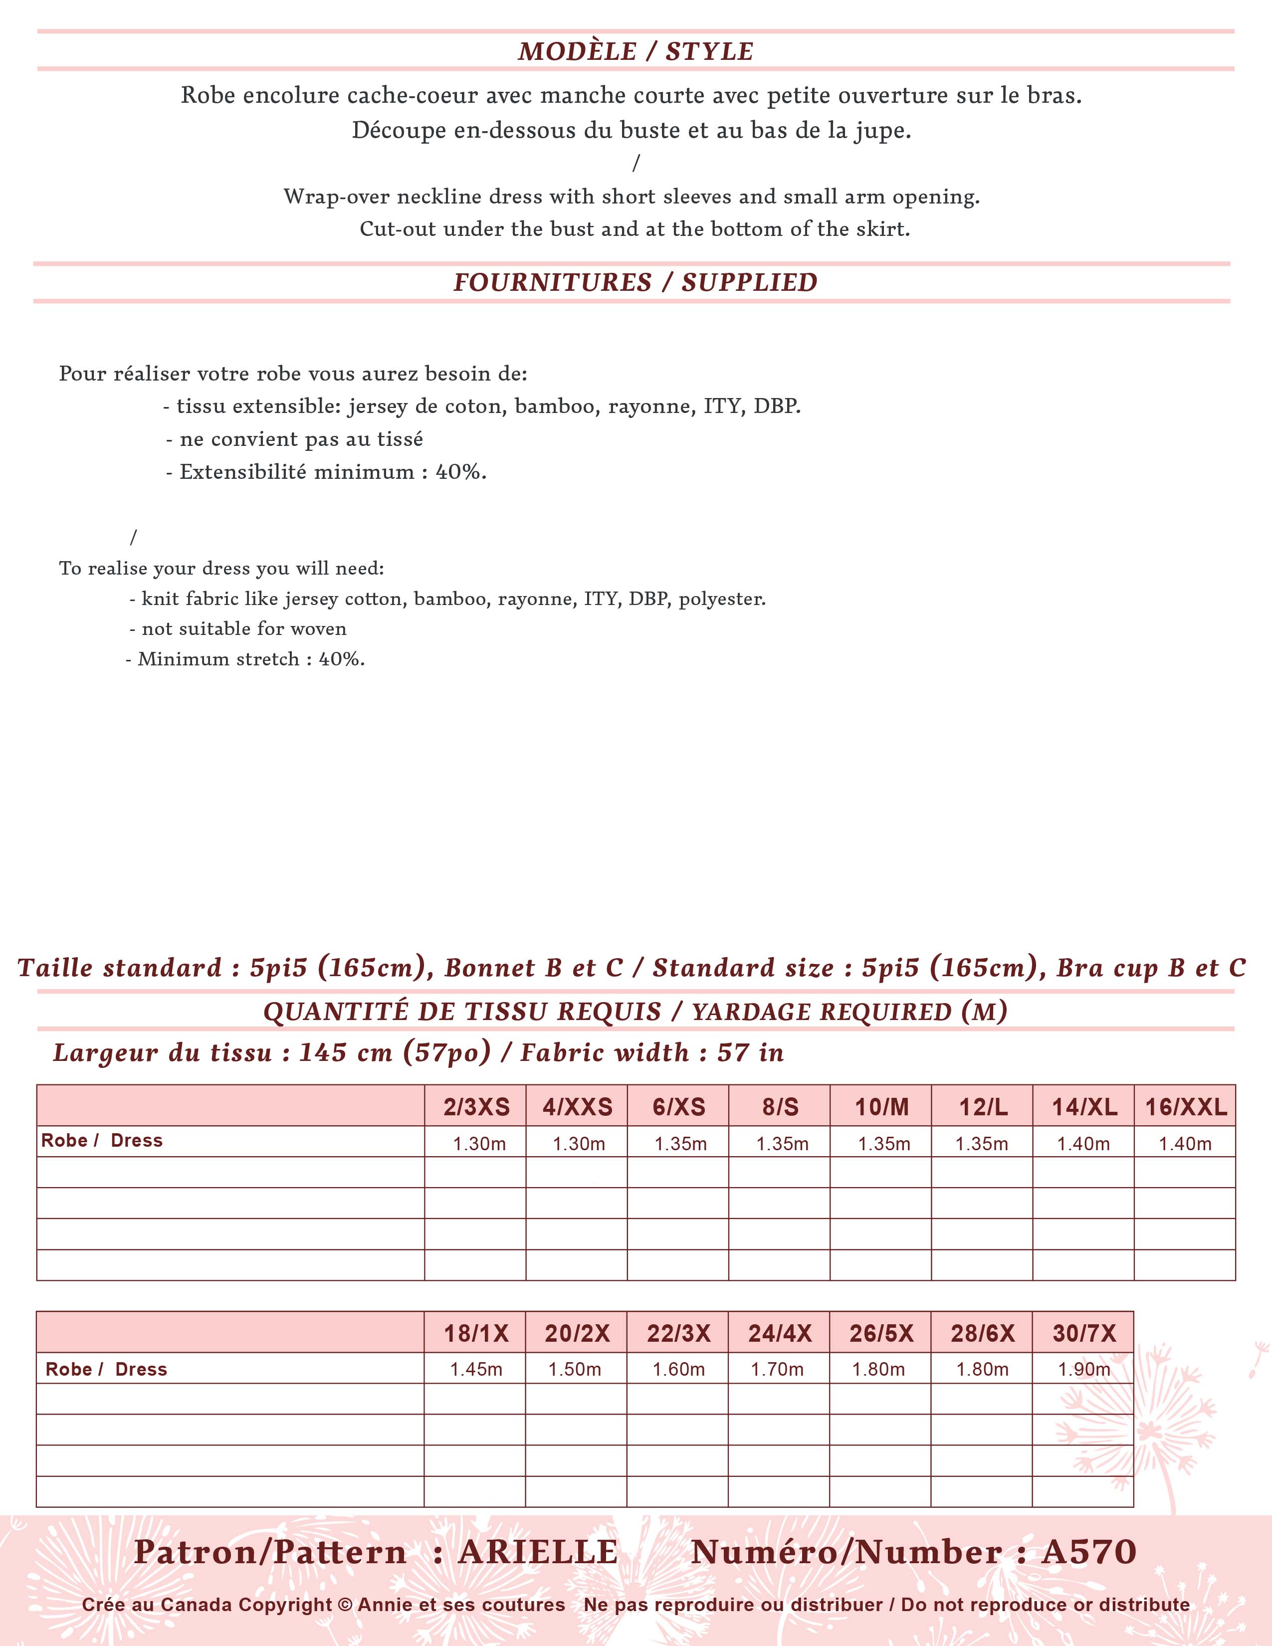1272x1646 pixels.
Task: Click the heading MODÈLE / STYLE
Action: (635, 51)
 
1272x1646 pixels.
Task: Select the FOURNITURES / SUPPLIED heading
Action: (635, 282)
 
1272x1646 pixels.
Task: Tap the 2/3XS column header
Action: (476, 1107)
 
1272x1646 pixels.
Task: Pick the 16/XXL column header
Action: (1185, 1107)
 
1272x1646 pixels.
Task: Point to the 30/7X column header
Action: (1083, 1333)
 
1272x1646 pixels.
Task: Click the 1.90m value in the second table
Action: (1083, 1369)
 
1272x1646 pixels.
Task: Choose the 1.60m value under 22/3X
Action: (678, 1369)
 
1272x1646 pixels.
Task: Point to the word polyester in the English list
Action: (722, 599)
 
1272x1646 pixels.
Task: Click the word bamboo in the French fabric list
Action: (556, 407)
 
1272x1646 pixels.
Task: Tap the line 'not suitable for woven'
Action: (238, 628)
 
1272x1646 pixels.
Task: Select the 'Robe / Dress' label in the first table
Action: (102, 1140)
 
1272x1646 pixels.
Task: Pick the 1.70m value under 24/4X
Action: (777, 1369)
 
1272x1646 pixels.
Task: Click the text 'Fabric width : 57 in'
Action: (652, 1053)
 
